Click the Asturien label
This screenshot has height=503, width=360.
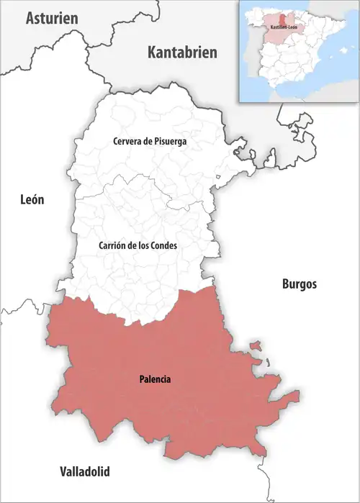tap(52, 19)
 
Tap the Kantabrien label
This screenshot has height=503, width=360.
tap(182, 52)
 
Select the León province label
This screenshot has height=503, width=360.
tap(32, 200)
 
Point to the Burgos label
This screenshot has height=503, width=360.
tap(298, 284)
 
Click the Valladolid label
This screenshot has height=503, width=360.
tap(85, 472)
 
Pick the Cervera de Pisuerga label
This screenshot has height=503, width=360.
tap(150, 142)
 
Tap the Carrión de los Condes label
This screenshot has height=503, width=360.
tap(138, 245)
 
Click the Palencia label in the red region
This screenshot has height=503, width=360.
tap(155, 379)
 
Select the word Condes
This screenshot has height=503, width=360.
tap(163, 245)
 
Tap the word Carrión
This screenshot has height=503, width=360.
tap(112, 245)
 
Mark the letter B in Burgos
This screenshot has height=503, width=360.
tap(284, 284)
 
